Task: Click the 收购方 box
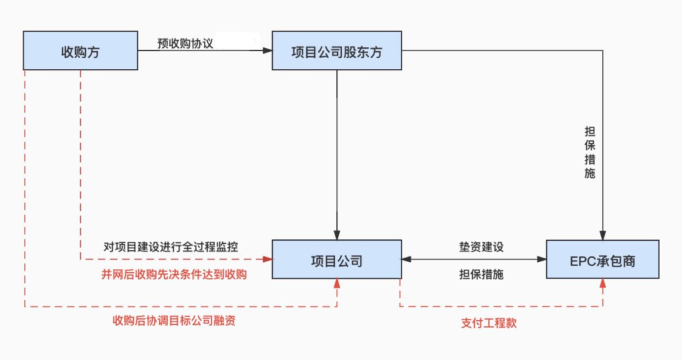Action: click(x=80, y=51)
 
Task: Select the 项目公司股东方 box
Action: click(x=337, y=51)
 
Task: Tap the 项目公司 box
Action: click(x=337, y=260)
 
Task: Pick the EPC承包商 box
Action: click(x=602, y=260)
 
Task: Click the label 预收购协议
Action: click(x=186, y=44)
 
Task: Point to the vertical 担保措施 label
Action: click(x=590, y=153)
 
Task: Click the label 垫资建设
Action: click(x=481, y=246)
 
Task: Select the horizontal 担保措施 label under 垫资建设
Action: click(x=481, y=275)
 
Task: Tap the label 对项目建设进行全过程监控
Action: click(x=171, y=246)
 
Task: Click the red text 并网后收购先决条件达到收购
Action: click(x=174, y=274)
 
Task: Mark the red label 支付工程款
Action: click(x=489, y=323)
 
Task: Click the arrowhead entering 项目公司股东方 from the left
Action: click(x=267, y=51)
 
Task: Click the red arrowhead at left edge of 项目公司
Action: click(x=267, y=260)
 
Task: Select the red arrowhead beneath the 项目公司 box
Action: click(x=337, y=284)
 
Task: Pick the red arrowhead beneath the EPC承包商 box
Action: click(x=602, y=284)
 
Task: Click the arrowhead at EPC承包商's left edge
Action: click(x=542, y=260)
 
